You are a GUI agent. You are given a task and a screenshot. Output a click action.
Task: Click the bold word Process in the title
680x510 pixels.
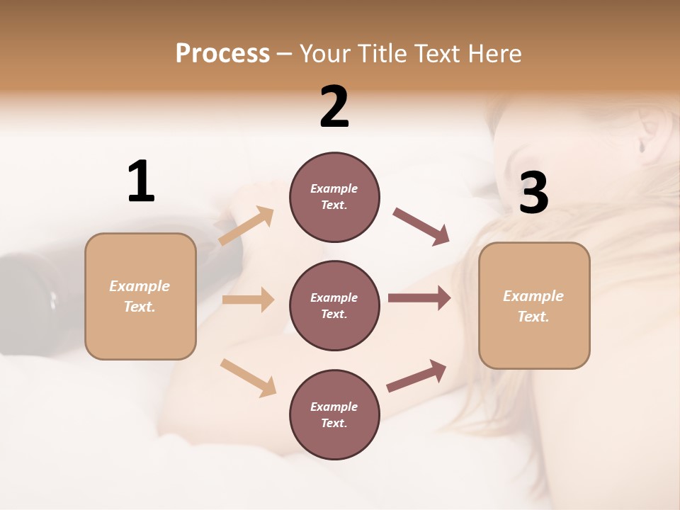tap(222, 53)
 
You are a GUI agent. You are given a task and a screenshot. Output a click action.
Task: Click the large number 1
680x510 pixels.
tap(141, 182)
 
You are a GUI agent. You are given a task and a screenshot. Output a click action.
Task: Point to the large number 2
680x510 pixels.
tap(334, 107)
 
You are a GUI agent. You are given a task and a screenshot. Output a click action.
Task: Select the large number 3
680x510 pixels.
tap(533, 193)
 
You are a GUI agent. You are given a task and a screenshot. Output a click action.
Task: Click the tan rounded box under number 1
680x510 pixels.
tap(140, 333)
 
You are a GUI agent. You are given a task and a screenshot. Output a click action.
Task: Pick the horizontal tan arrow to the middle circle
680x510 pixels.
tap(247, 300)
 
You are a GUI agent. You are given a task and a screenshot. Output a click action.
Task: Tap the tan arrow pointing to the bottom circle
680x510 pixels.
tap(248, 377)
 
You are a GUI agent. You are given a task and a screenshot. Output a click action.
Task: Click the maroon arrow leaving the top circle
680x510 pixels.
tap(421, 227)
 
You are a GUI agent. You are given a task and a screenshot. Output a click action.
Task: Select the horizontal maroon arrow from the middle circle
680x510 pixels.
tap(419, 298)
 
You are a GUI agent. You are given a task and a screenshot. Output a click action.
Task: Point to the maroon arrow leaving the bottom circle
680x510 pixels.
tap(416, 376)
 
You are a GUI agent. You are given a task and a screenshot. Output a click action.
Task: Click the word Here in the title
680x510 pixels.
tap(497, 53)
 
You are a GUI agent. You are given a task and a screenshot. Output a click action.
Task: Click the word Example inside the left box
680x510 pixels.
tap(140, 286)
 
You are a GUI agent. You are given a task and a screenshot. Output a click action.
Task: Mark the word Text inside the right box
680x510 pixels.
tap(533, 317)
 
